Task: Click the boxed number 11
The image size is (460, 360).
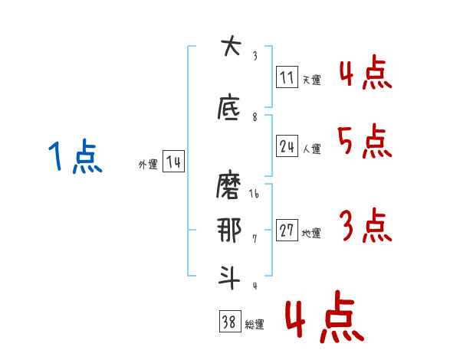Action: pos(287,77)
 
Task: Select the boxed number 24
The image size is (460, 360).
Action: pos(287,146)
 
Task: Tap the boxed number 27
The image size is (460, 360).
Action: pos(287,231)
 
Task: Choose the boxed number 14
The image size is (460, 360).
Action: pos(173,162)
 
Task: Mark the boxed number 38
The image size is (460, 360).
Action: pos(228,322)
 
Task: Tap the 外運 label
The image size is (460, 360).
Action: pos(148,165)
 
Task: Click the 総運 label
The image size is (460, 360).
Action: pos(255,325)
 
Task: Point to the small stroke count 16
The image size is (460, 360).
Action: pos(255,195)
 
